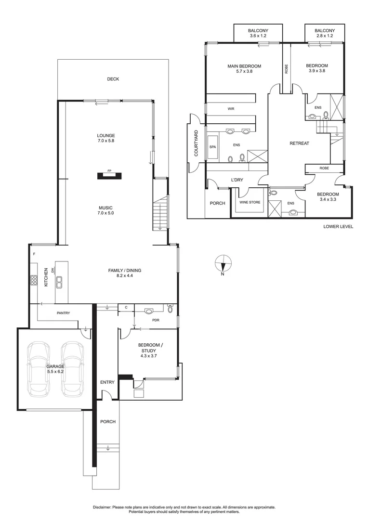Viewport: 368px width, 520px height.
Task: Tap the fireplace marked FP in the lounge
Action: (109, 175)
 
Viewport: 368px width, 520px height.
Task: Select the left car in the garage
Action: (39, 368)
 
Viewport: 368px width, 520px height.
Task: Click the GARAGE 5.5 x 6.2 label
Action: (55, 369)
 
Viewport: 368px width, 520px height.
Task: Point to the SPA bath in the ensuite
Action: (212, 145)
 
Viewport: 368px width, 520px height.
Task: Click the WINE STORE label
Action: (250, 202)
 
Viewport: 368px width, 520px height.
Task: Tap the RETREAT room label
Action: (299, 143)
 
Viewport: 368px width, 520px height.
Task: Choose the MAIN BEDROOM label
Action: (244, 68)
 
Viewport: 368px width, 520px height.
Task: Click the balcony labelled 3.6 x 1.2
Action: (258, 33)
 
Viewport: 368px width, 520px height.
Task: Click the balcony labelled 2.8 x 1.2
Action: (325, 33)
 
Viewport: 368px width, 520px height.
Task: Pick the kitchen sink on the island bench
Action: (60, 281)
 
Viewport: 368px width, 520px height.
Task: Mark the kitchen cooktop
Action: (34, 280)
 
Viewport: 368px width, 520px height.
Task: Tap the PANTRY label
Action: (63, 313)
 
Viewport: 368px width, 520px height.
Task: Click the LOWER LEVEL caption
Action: (338, 226)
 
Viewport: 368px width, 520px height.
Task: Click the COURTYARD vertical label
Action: (196, 143)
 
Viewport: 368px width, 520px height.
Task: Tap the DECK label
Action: (113, 79)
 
